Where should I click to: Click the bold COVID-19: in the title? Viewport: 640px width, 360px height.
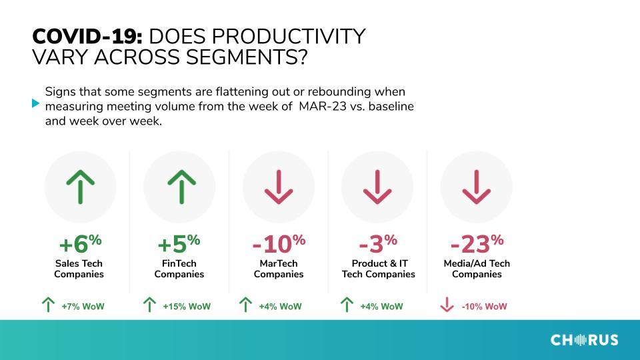click(x=87, y=37)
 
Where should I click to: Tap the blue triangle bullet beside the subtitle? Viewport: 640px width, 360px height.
click(x=35, y=103)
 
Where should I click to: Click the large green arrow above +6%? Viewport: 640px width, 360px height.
click(x=81, y=187)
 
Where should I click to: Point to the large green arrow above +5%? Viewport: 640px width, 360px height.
click(x=181, y=187)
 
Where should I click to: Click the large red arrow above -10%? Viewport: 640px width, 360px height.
click(x=279, y=187)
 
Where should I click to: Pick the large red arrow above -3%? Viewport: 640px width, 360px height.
click(x=377, y=187)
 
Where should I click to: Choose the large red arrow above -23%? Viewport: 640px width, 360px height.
click(x=476, y=187)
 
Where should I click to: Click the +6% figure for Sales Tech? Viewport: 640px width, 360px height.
click(x=80, y=244)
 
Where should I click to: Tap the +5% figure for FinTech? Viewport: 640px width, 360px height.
click(x=179, y=244)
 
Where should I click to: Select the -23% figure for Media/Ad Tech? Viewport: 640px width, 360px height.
click(x=477, y=244)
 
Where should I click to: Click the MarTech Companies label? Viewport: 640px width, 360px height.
click(x=279, y=269)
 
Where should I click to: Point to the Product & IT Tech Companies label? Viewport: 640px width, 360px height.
click(x=379, y=269)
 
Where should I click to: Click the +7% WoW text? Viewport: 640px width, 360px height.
click(x=83, y=307)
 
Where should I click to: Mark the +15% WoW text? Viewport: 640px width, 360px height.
click(x=187, y=307)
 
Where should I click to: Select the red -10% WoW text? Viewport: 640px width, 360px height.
click(x=484, y=307)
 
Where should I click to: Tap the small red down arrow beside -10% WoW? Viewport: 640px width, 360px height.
click(x=447, y=305)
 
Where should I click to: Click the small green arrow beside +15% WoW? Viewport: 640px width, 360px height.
click(x=149, y=305)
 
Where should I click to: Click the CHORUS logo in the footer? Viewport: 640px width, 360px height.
click(x=584, y=340)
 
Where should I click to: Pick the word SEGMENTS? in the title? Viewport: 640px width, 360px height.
click(x=247, y=57)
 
